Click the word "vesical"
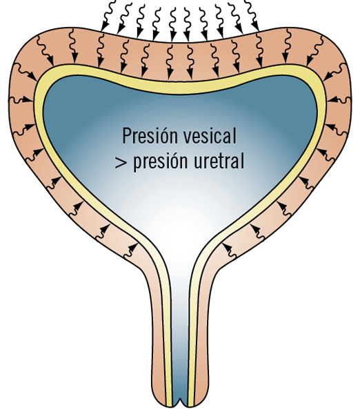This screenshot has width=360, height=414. point(210,136)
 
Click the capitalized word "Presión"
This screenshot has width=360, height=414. point(150,136)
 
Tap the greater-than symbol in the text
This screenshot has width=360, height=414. point(121,162)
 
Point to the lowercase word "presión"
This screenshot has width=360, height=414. point(161,162)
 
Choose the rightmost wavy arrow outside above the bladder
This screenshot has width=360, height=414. point(252,15)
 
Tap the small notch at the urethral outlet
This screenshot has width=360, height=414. point(180,401)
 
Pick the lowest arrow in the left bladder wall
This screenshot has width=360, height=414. point(130,250)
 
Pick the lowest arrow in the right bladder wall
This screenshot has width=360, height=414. point(229,250)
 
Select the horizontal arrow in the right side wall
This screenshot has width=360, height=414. point(339,100)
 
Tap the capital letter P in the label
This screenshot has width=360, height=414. point(127,136)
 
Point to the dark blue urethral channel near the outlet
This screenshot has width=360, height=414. point(180,380)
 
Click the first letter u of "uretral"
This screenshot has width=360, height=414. point(199,162)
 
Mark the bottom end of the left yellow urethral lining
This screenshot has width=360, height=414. point(169,405)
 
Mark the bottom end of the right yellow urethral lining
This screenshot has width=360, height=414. point(191,405)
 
